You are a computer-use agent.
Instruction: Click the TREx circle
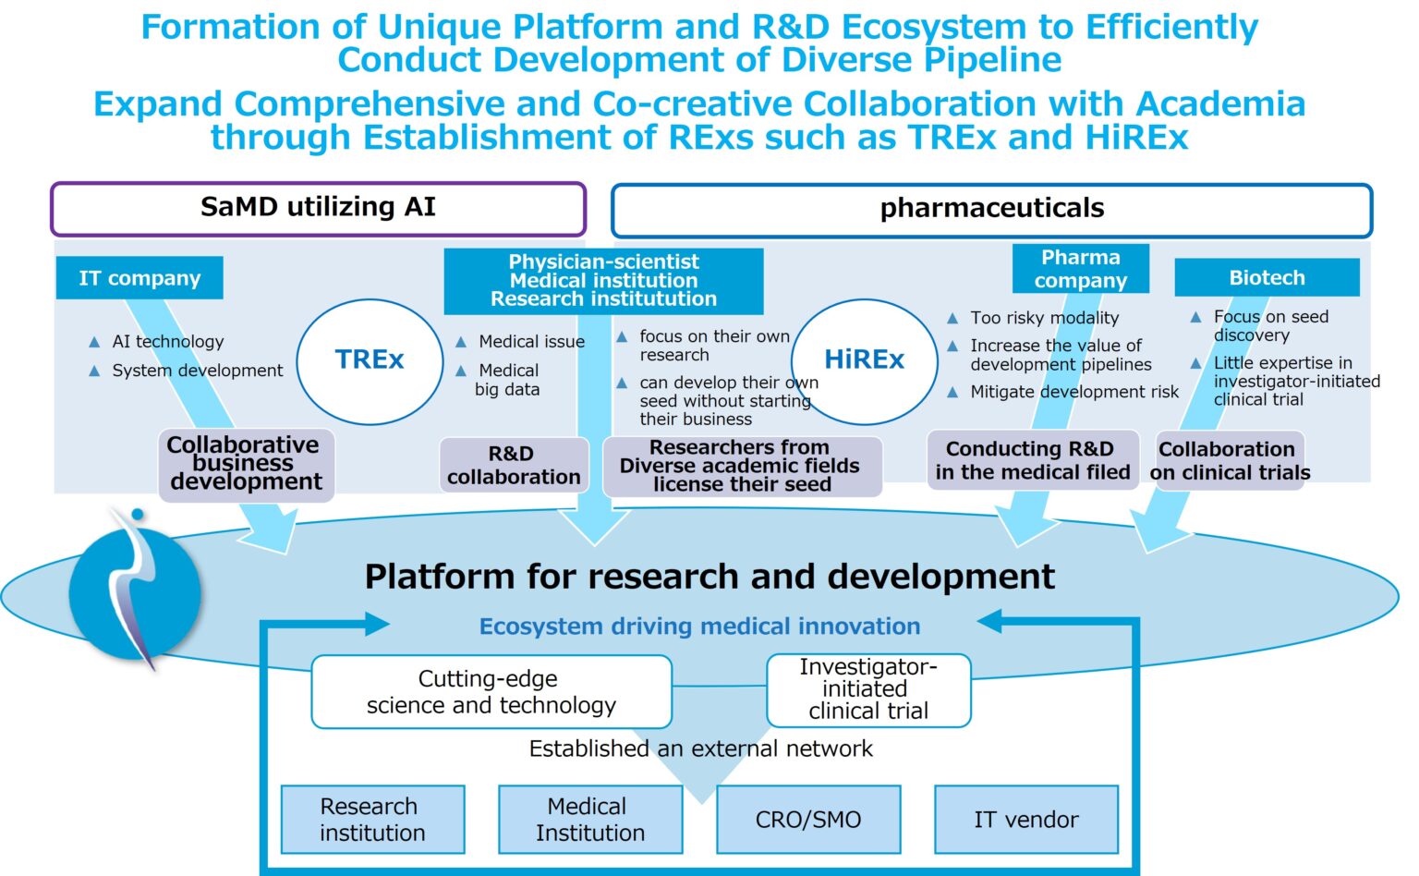pos(370,360)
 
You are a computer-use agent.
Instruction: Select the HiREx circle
pos(864,360)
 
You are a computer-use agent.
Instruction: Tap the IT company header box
pos(139,278)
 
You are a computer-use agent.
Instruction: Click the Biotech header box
pos(1267,277)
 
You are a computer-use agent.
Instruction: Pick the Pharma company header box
pos(1080,269)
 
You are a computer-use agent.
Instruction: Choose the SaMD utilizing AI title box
pos(318,208)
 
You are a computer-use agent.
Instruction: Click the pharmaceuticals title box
pos(991,210)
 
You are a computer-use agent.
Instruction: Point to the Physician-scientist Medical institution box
pos(603,281)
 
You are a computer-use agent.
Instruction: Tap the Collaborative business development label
pos(246,464)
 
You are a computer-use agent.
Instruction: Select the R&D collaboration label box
pos(514,466)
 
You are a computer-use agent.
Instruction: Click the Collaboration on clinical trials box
pos(1230,461)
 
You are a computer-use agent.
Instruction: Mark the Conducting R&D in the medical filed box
pos(1032,460)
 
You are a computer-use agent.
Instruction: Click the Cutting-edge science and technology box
pos(491,692)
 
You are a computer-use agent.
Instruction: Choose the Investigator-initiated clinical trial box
pos(868,689)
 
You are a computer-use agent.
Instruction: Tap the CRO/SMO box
pos(808,820)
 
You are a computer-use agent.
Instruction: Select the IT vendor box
pos(1025,820)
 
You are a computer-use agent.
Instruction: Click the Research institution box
pos(372,820)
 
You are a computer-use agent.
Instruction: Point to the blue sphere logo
pos(135,591)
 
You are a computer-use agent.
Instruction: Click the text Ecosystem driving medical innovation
pos(699,627)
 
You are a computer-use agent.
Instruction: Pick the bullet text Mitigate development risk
pos(1074,392)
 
